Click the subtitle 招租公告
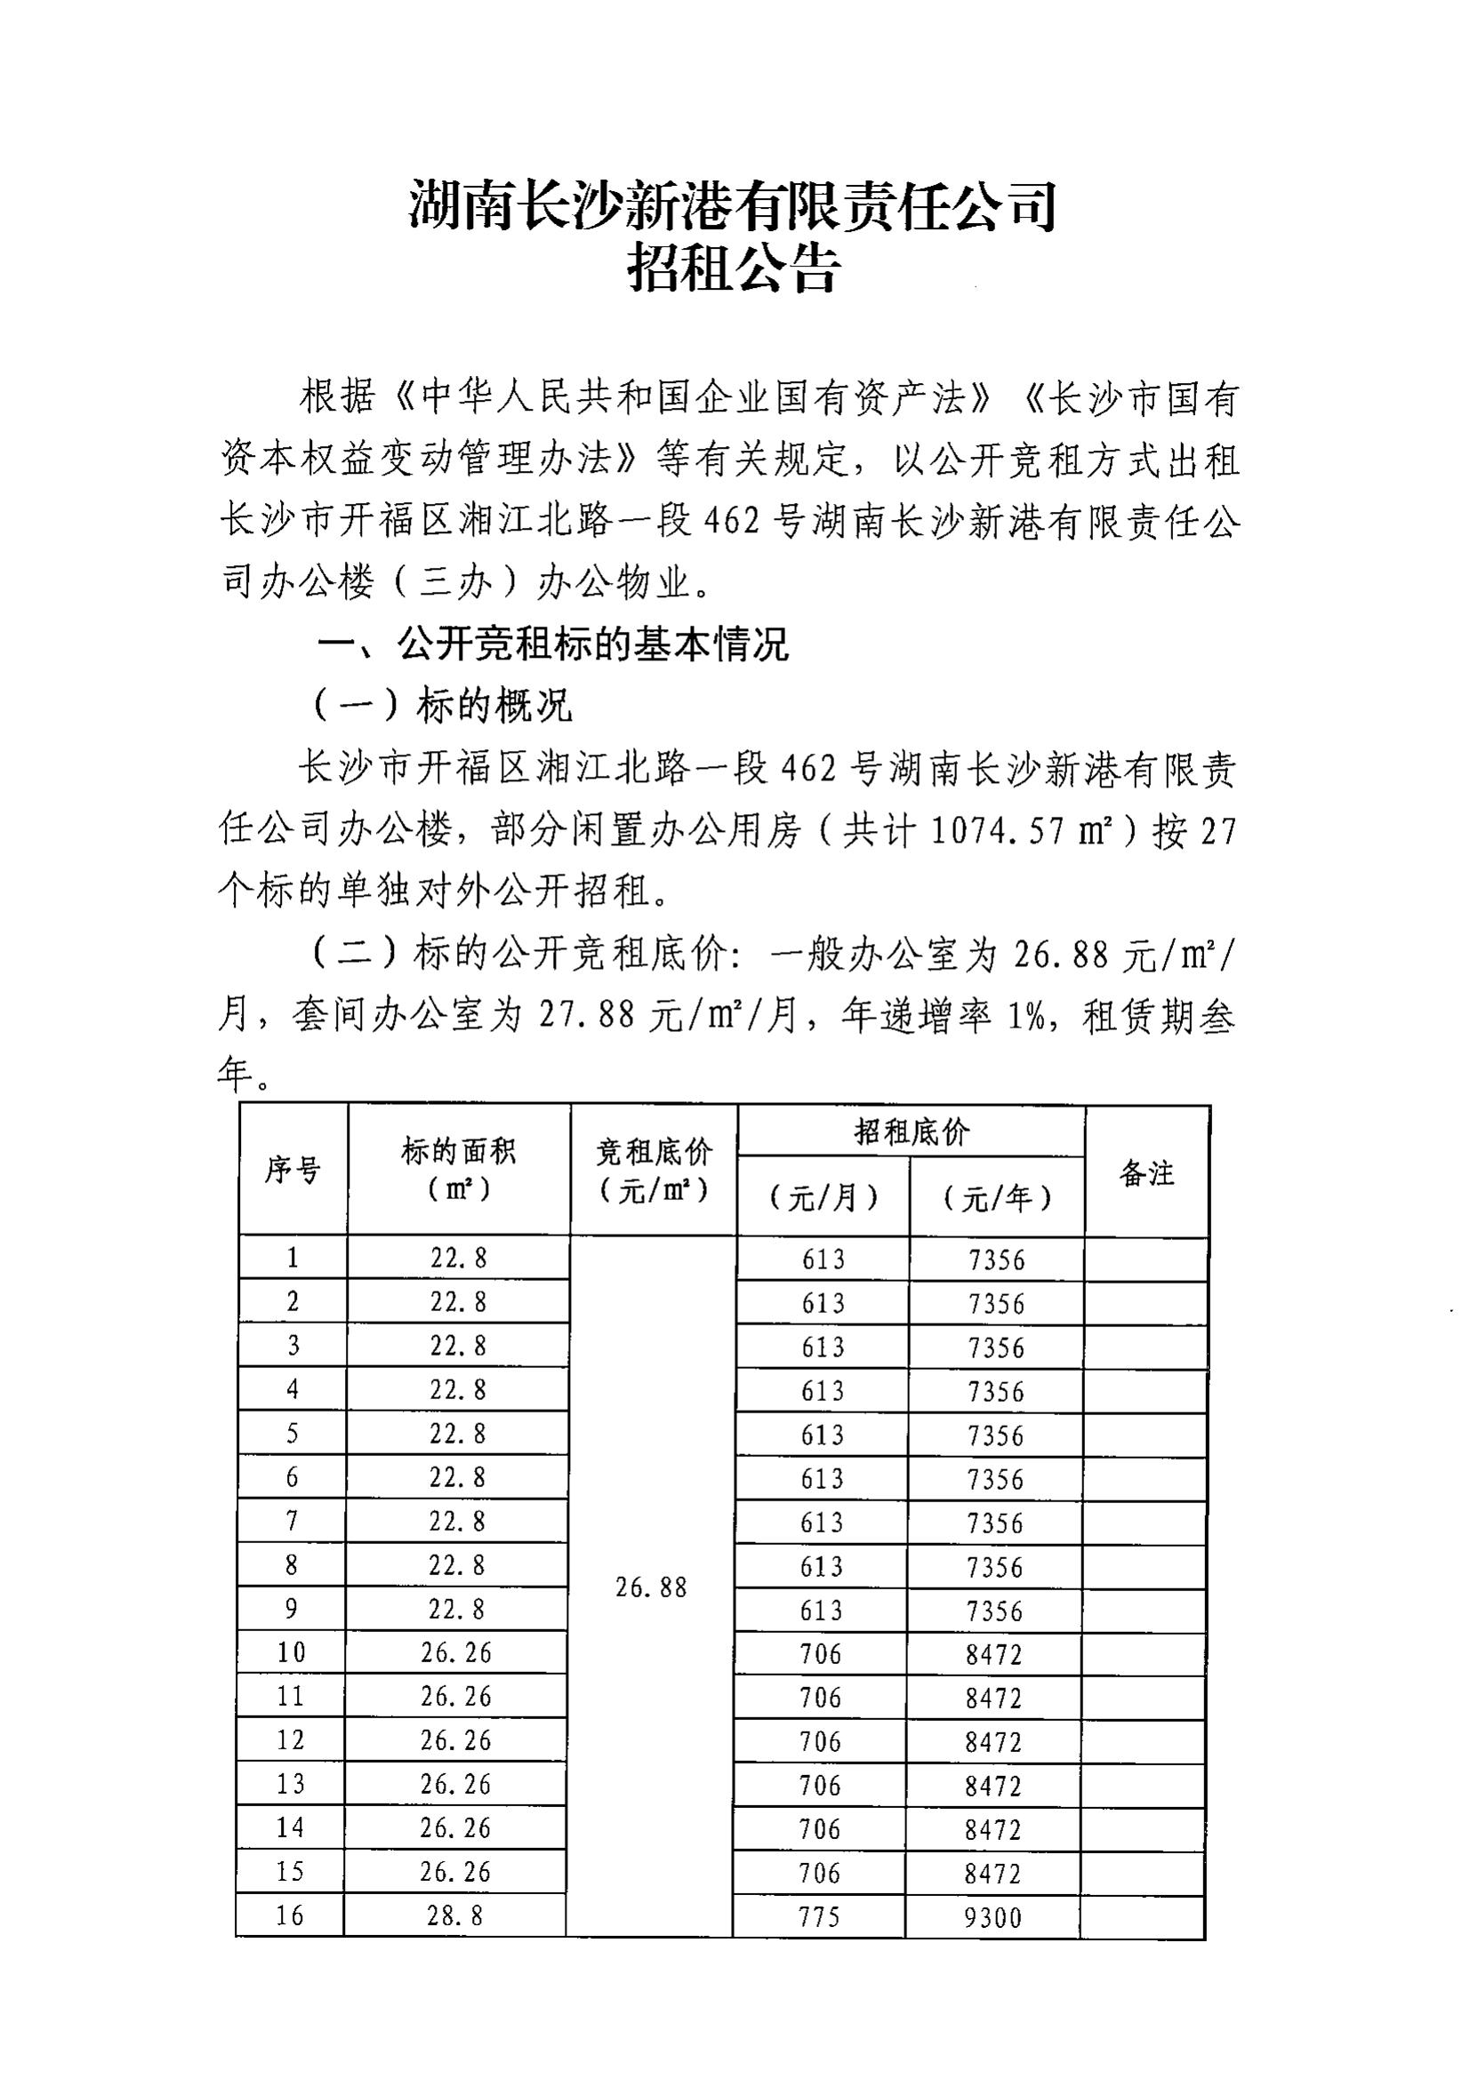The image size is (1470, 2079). [x=734, y=269]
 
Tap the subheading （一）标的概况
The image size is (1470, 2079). [x=443, y=708]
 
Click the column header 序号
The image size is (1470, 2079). [x=293, y=1171]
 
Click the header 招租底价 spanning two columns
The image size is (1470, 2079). [x=911, y=1131]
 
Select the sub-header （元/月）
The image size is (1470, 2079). [x=823, y=1199]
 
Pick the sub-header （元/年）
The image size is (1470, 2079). [x=996, y=1199]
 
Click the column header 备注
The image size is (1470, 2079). [x=1146, y=1173]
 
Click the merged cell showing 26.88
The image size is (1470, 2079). [x=651, y=1587]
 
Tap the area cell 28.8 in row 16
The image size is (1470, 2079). [x=454, y=1915]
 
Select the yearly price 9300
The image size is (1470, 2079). [x=992, y=1917]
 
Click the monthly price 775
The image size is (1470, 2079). [x=820, y=1916]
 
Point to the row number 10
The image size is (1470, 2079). [x=292, y=1652]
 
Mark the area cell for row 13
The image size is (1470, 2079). [x=455, y=1784]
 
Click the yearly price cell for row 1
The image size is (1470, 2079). [x=996, y=1259]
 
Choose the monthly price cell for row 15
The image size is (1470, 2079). [x=820, y=1872]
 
